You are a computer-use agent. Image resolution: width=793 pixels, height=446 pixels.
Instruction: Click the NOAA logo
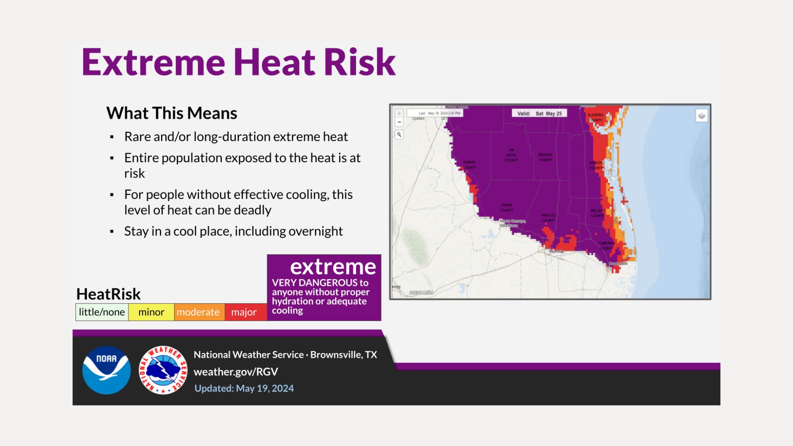(x=107, y=370)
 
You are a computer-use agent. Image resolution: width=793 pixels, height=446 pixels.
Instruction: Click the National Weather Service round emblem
(x=163, y=370)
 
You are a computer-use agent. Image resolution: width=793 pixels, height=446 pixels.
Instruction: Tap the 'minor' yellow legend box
(x=151, y=312)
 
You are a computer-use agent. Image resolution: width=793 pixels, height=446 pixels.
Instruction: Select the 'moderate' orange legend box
(x=198, y=312)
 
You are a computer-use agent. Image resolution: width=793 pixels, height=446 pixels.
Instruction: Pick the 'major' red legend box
(x=244, y=312)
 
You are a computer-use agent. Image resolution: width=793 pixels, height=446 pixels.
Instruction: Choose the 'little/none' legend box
(x=102, y=312)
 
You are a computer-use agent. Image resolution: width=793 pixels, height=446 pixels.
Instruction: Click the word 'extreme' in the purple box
(x=333, y=267)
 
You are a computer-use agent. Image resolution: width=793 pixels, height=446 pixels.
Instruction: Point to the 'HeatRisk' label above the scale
(x=108, y=294)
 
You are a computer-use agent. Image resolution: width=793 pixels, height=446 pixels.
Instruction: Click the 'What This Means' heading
(x=171, y=113)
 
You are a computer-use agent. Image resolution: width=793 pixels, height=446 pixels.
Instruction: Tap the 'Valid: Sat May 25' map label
(x=540, y=113)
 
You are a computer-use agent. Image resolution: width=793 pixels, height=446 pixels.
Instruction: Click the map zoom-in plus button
(x=399, y=113)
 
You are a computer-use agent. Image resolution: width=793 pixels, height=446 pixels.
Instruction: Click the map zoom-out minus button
(x=399, y=122)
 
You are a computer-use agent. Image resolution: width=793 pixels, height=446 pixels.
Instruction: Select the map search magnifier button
(x=399, y=135)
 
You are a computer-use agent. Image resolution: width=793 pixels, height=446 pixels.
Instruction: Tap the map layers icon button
(x=701, y=116)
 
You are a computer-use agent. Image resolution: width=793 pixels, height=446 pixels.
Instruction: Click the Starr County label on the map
(x=506, y=208)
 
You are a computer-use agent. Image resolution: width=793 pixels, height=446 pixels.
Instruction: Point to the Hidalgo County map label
(x=548, y=218)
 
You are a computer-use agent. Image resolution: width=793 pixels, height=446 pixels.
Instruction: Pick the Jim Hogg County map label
(x=511, y=155)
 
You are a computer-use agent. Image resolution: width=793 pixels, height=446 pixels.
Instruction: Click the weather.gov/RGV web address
(x=236, y=372)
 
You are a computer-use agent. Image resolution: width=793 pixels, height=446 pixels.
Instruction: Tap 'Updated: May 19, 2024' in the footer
(x=244, y=389)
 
